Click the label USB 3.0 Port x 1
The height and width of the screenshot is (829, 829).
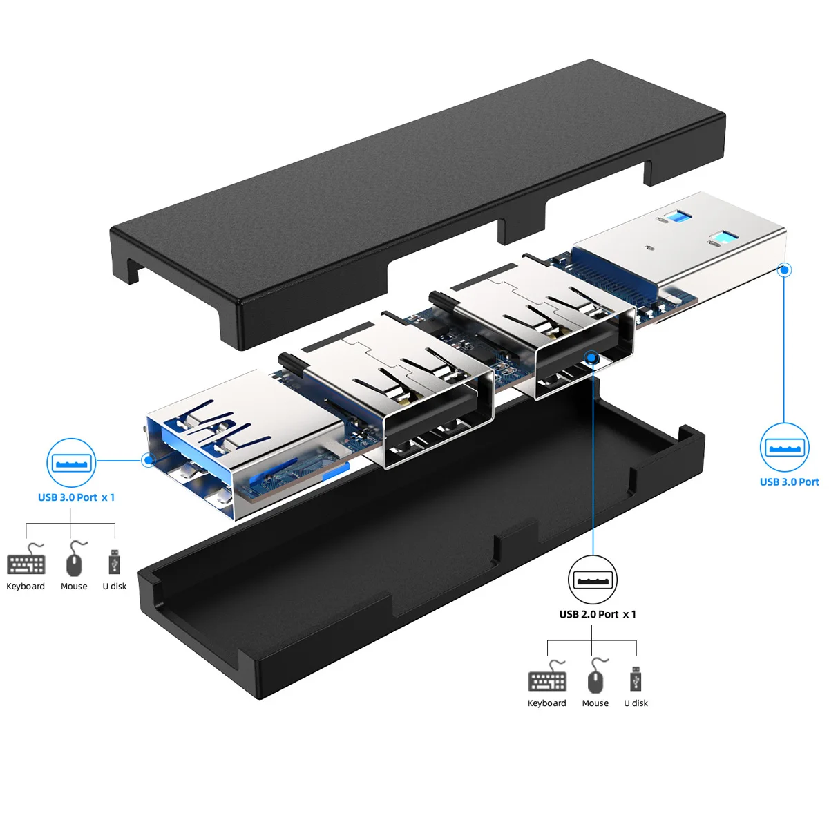click(x=76, y=497)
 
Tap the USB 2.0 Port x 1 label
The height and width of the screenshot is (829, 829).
click(x=598, y=614)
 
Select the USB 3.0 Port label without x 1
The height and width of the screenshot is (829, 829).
click(x=789, y=482)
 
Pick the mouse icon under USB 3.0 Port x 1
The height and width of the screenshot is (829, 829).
click(x=74, y=560)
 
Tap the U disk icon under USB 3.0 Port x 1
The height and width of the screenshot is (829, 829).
click(x=114, y=561)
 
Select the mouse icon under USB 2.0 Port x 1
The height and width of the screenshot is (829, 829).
click(x=595, y=676)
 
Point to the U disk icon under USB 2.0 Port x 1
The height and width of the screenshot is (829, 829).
click(x=636, y=678)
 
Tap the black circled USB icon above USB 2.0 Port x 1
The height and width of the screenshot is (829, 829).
click(x=593, y=580)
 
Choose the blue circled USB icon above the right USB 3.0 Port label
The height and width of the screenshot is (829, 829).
click(x=785, y=448)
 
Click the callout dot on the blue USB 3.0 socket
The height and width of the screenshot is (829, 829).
click(x=147, y=459)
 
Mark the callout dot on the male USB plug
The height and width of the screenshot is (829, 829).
click(x=784, y=269)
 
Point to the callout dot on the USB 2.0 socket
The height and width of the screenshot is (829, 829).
click(x=592, y=356)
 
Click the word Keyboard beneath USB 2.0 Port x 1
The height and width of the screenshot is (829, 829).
click(x=546, y=703)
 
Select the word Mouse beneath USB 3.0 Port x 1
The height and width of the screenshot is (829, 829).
click(x=74, y=587)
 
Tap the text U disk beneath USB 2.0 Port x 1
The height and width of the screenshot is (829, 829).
click(x=636, y=703)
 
